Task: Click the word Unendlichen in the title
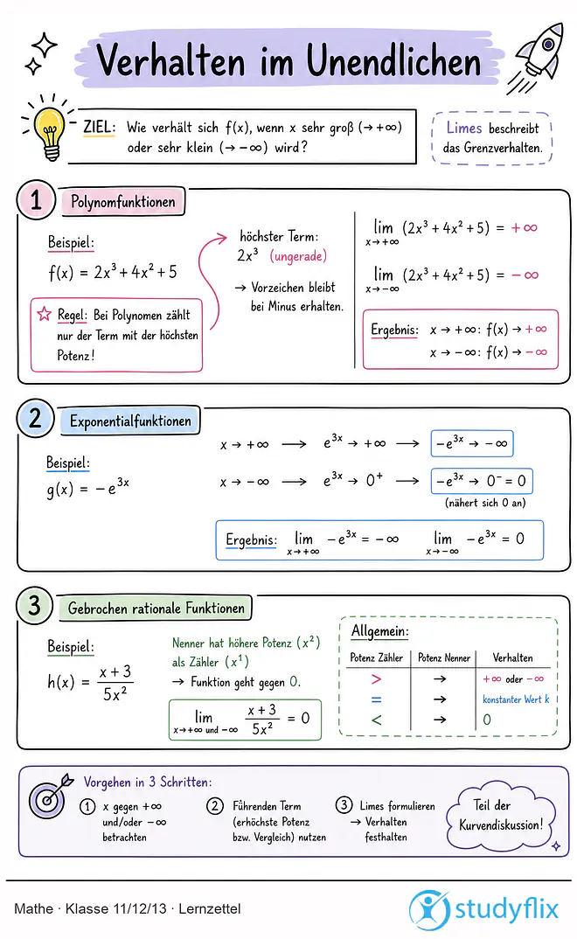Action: [393, 62]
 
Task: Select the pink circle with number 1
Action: [36, 199]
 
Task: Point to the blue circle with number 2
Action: [35, 418]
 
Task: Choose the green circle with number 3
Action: [35, 605]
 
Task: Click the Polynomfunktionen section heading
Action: [123, 202]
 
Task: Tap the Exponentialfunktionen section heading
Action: [130, 421]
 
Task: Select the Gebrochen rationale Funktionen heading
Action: [156, 609]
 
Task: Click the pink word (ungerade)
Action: [298, 256]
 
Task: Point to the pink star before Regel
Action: [45, 314]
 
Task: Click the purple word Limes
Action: [464, 128]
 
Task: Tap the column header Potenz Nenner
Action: [444, 657]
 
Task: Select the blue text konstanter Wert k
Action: [516, 699]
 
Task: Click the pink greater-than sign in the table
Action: [376, 679]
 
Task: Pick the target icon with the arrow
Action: [51, 796]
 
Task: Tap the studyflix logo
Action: [483, 909]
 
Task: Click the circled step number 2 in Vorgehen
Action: [215, 806]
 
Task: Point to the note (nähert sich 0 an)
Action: [485, 503]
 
